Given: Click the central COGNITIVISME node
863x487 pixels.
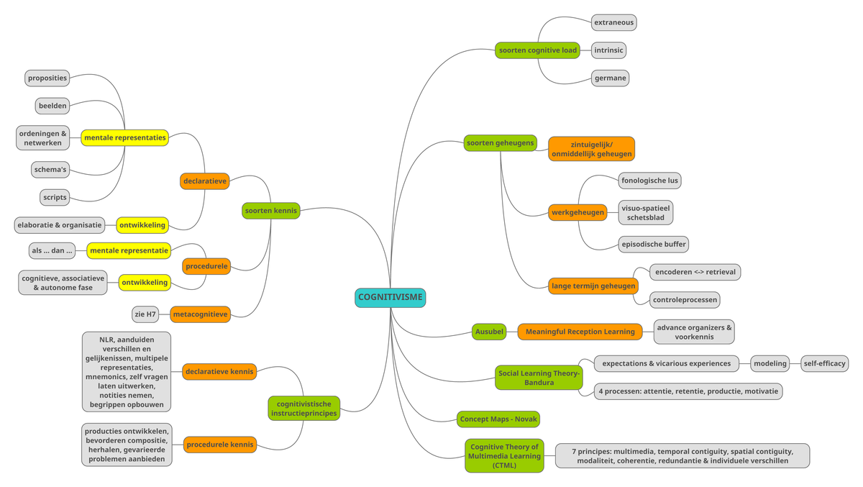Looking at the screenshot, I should click(x=390, y=297).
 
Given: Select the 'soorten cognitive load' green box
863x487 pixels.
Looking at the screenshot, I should click(x=537, y=50).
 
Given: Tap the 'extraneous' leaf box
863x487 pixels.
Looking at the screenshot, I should click(x=613, y=22).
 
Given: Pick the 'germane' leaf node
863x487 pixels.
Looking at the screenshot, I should click(x=611, y=78).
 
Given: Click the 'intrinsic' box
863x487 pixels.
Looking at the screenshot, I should click(x=608, y=50).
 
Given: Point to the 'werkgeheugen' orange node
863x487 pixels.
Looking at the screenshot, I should click(x=577, y=212).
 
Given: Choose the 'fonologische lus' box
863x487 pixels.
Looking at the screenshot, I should click(x=649, y=180).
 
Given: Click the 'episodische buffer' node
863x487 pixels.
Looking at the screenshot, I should click(x=653, y=244).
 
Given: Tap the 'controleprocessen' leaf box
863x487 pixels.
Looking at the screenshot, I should click(x=685, y=299).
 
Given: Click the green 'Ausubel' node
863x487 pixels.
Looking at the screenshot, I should click(x=489, y=332).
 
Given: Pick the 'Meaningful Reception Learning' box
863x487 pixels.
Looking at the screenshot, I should click(x=580, y=332).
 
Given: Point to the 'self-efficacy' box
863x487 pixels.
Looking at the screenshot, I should click(x=824, y=363).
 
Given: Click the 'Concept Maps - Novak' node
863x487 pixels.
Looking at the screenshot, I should click(x=498, y=419).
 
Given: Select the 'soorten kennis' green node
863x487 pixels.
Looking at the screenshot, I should click(x=270, y=211).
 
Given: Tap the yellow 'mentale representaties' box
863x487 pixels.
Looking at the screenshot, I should click(x=124, y=137).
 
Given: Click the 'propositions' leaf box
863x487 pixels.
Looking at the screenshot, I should click(x=47, y=78).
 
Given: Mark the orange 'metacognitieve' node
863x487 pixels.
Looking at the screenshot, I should click(x=200, y=314).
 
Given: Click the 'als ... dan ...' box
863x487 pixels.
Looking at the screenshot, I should click(x=52, y=251).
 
